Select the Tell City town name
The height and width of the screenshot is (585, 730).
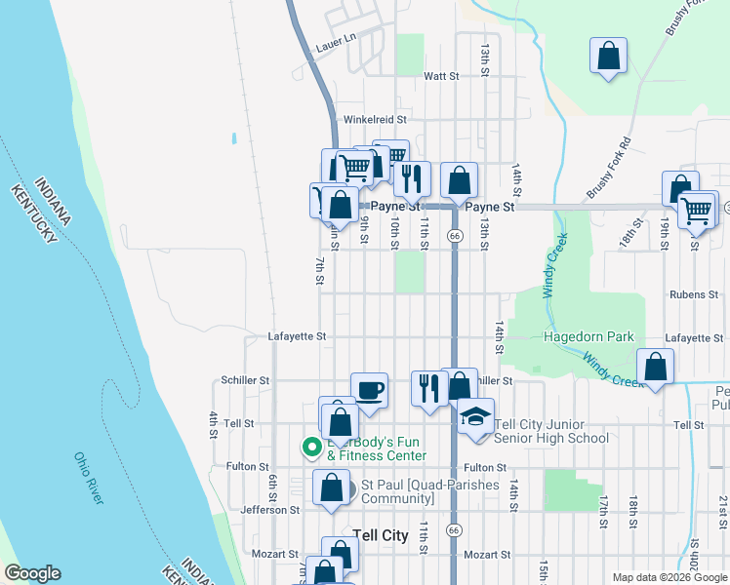[380, 535]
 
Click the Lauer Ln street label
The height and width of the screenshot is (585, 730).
[336, 48]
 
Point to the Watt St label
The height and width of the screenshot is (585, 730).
[440, 75]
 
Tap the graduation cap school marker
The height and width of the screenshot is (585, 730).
[475, 415]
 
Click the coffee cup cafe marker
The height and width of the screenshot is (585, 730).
[369, 390]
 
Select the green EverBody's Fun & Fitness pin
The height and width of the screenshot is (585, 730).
[311, 448]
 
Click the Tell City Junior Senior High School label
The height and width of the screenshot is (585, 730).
[552, 431]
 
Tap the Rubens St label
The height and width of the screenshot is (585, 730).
[694, 293]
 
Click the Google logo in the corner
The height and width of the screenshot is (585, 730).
[31, 574]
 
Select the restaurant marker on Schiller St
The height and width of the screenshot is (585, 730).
[428, 388]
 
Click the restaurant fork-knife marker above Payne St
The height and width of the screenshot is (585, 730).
[413, 177]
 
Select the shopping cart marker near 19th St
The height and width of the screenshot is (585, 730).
[696, 209]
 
